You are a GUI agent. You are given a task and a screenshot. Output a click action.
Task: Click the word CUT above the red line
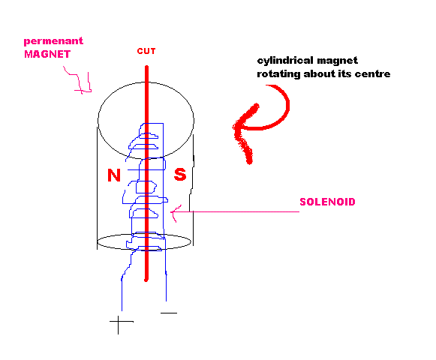click(x=146, y=51)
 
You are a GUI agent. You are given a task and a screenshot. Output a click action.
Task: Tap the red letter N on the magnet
click(x=114, y=175)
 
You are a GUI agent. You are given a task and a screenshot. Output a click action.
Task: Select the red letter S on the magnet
click(x=180, y=175)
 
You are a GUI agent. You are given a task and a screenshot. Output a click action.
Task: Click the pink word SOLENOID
click(x=327, y=202)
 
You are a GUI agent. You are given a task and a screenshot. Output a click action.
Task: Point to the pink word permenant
click(x=53, y=41)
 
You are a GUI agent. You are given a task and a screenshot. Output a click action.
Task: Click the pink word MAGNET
click(x=47, y=54)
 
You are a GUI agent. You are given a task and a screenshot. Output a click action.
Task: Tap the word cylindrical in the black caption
click(x=284, y=61)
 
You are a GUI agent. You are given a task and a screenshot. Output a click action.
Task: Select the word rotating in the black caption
click(x=278, y=74)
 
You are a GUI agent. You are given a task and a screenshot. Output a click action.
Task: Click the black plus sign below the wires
click(x=119, y=322)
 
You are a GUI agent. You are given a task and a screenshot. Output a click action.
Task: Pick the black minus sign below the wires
click(x=169, y=313)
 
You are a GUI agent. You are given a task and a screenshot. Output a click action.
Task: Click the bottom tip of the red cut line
click(x=146, y=280)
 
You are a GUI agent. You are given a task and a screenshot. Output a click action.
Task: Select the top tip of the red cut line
click(x=146, y=67)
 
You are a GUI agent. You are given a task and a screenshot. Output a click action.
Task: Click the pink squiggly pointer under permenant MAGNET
click(x=80, y=80)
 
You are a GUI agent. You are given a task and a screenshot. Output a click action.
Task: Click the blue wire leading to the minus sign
click(x=166, y=275)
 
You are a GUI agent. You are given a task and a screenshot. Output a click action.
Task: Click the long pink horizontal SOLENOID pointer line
click(x=236, y=211)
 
